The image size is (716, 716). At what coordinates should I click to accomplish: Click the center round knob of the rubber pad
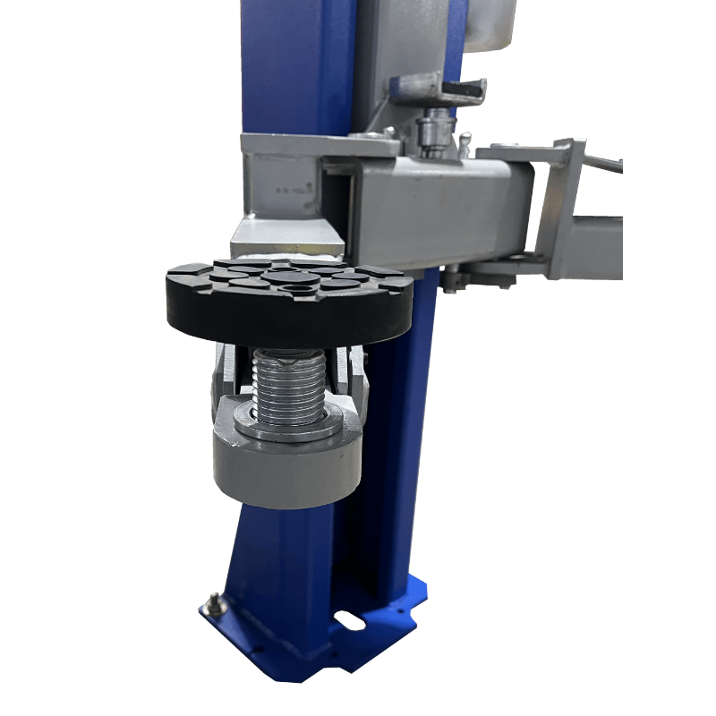292,278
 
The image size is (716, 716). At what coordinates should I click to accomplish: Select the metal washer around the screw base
288,425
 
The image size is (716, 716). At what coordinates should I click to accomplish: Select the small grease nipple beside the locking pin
464,141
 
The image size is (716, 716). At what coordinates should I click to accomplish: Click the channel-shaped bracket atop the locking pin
439,89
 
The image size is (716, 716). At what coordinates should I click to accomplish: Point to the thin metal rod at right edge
605,164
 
